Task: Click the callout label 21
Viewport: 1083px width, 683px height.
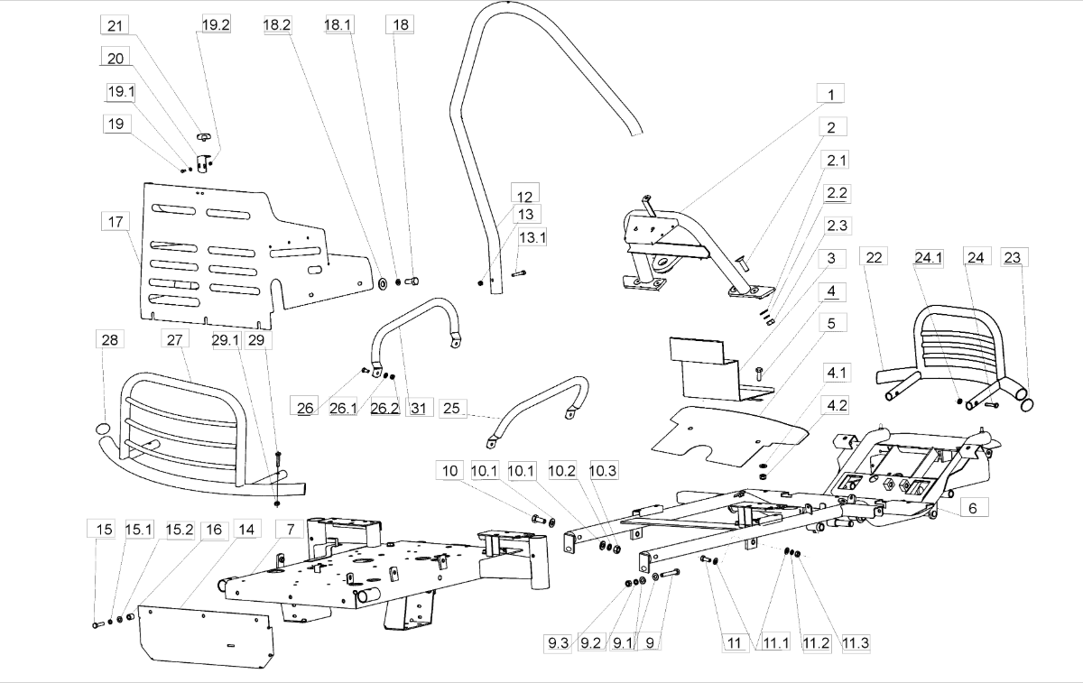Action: tap(115, 25)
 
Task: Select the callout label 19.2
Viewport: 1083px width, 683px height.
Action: tap(216, 24)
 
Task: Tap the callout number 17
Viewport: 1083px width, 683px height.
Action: tap(116, 222)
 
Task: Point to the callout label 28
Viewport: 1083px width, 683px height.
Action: tap(110, 340)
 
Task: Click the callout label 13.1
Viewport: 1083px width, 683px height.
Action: tap(532, 237)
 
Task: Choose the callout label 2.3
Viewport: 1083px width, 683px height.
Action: tap(837, 226)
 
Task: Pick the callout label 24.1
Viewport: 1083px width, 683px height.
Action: tap(929, 258)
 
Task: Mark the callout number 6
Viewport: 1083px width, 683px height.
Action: tap(973, 508)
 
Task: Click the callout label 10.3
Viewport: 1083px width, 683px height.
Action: tap(603, 470)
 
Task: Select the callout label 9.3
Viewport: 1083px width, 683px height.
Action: tap(558, 643)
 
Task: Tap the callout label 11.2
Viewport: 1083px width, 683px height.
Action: tap(816, 643)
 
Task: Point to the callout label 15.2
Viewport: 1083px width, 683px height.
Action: tap(180, 530)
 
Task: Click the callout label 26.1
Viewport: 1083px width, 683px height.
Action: tap(343, 408)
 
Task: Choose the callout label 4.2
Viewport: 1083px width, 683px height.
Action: tap(837, 405)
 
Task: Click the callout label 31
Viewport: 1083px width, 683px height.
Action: tap(419, 408)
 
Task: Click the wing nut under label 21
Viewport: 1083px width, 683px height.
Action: tap(204, 137)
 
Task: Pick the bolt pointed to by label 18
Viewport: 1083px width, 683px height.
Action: tap(412, 281)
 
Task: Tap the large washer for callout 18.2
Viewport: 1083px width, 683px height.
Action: tap(383, 283)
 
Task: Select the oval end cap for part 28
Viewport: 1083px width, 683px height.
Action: tap(102, 429)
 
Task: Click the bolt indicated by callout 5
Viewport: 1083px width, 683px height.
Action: tap(760, 374)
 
